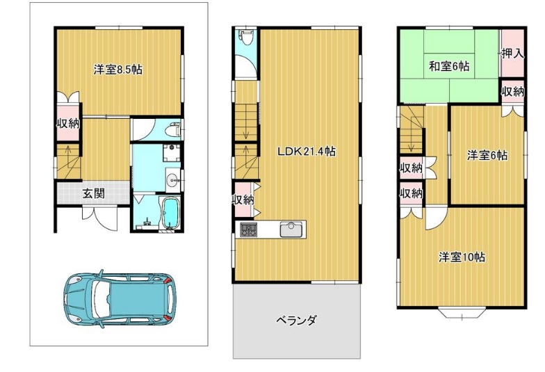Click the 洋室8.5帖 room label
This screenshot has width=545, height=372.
[118, 70]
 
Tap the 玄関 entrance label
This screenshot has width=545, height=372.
[93, 193]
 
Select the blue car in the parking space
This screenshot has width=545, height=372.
[120, 299]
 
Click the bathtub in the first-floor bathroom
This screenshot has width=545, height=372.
[170, 213]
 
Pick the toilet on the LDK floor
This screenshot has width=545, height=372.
[247, 38]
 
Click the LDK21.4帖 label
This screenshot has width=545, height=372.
[306, 152]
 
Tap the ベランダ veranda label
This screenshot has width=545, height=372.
[296, 320]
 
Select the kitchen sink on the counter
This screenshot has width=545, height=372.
[292, 229]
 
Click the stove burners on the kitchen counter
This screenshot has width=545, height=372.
[249, 229]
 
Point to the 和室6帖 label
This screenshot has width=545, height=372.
[449, 66]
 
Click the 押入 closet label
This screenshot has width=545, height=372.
[512, 54]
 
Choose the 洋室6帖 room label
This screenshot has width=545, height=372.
[487, 155]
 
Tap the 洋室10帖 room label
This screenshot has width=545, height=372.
[462, 257]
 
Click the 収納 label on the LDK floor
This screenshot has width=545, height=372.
[243, 200]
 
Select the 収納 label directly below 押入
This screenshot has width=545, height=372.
[513, 92]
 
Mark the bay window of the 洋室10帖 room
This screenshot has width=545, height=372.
[462, 313]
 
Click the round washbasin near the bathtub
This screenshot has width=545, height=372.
[172, 180]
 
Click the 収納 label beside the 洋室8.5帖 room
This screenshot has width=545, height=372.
[68, 123]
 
